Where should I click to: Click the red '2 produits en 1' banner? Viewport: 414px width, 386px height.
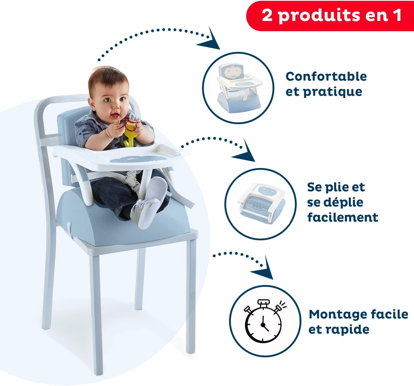point(330,15)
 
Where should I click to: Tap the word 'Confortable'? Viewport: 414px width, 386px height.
point(326,76)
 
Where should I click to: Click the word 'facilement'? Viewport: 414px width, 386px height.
point(343,217)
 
